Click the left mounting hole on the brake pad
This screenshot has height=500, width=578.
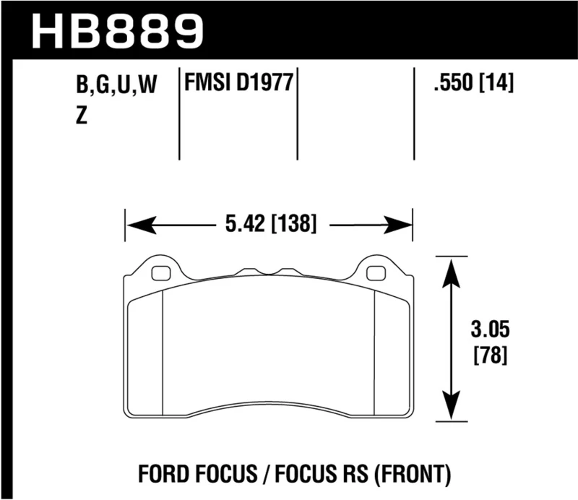(x=161, y=273)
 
